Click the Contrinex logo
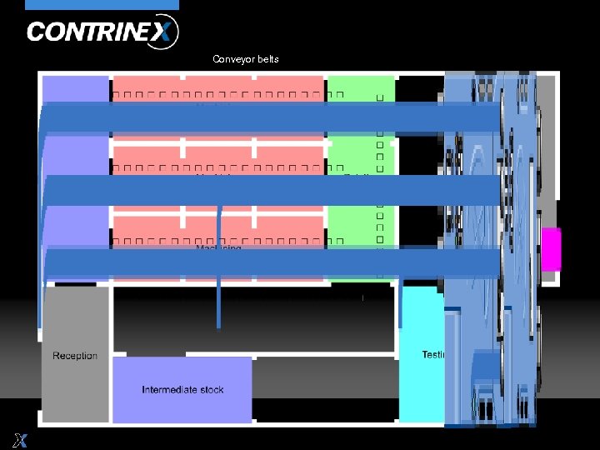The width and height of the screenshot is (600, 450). coord(102,32)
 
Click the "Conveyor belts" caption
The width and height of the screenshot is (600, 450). coord(246,59)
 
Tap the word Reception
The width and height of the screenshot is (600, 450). coord(75,356)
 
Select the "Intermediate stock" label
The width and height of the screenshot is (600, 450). coord(182,390)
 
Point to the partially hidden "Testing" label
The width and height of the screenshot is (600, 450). coord(433,355)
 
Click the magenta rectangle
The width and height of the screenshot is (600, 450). coord(551,249)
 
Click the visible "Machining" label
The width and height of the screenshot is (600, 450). coord(218,247)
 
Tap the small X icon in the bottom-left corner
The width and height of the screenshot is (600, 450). coord(19,439)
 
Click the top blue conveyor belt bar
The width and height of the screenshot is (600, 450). coord(267,117)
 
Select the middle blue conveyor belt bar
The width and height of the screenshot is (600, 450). coord(267,190)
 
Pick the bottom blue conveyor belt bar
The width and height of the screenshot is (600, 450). coord(267,263)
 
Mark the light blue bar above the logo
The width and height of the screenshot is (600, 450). coord(102,5)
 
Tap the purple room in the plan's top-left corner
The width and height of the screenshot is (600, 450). coord(75,88)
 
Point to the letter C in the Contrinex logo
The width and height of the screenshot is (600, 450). coord(37,32)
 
